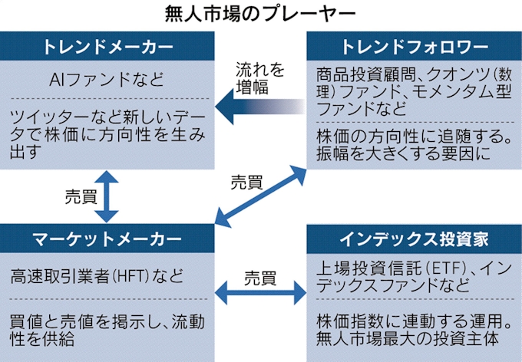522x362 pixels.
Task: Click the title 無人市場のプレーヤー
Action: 261,13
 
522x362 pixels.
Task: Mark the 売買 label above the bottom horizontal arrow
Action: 261,274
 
